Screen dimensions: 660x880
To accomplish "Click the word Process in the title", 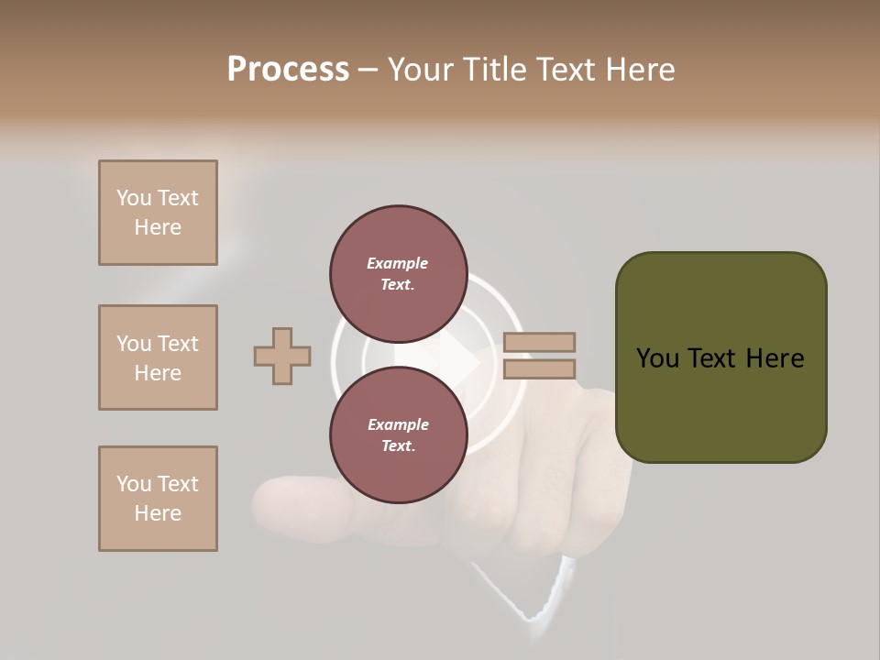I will [288, 70].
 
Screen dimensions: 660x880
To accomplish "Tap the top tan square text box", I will [158, 213].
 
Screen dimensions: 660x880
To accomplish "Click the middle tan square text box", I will [158, 357].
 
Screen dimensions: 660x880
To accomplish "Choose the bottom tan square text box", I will [158, 499].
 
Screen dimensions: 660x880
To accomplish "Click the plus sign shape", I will [282, 357].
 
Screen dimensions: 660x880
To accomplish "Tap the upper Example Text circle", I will [398, 273].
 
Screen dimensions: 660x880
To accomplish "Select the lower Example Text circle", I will [398, 434].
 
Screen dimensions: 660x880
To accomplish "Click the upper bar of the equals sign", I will [539, 342].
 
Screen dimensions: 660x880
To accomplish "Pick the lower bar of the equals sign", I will [539, 369].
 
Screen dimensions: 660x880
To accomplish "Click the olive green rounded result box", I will [720, 357].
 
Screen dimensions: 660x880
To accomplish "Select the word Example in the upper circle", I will [398, 263].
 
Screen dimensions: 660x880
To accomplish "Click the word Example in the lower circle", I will [398, 424].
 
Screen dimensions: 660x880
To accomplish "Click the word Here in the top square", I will [158, 227].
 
